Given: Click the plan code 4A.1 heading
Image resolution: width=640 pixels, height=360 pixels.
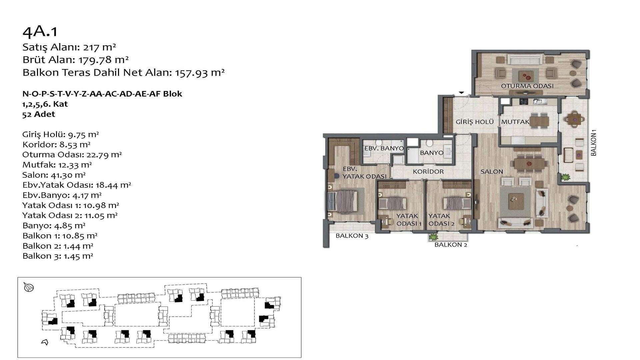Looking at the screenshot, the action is coord(40,31).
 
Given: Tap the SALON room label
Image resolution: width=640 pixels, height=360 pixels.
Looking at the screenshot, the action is coord(492,172).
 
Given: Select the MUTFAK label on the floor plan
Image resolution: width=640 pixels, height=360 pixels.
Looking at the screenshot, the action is coord(515,122).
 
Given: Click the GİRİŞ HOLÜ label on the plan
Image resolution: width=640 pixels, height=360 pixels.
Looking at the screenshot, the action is coord(475,122).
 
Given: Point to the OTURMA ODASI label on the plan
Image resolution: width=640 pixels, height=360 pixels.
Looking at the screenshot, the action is coord(527,86).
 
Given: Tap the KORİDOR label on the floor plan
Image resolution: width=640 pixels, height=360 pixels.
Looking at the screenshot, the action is coord(428,172).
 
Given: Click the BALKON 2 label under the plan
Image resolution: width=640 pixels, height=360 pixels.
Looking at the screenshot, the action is coord(451,245).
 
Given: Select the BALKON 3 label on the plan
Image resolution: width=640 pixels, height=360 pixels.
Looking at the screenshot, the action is coord(352,236).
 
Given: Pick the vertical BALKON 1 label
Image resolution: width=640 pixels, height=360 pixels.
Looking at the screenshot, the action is coord(593,145).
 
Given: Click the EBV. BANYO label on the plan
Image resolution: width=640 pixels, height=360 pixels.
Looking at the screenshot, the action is coord(384,148).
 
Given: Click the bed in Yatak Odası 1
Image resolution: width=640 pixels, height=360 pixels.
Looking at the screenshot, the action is coord(393,202).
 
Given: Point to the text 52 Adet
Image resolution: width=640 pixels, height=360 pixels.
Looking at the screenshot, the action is coord(39,114).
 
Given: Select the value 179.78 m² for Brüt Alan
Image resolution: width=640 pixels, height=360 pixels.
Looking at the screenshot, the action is coord(104,60).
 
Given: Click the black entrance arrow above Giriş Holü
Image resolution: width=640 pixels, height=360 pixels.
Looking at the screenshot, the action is coord(462,93).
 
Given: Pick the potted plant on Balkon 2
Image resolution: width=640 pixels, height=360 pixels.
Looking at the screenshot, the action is coord(433,237).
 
